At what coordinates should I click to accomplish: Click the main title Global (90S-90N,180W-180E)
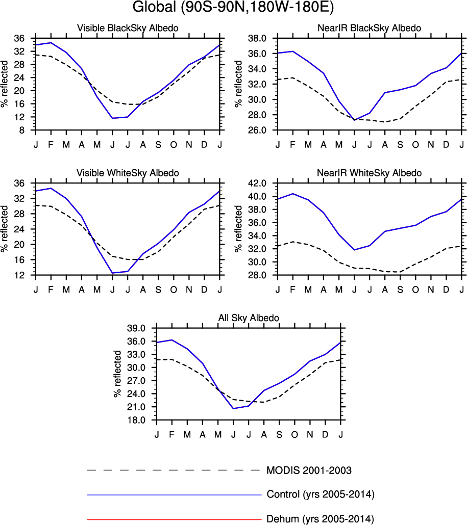233,9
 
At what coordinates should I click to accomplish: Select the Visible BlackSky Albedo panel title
128,28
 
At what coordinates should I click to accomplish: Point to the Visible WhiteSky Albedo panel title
128,173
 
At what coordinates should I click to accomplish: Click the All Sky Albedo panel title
249,318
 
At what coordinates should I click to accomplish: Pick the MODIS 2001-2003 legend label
309,470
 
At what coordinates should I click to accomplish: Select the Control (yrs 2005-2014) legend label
321,494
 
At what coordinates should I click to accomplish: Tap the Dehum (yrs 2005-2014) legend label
320,519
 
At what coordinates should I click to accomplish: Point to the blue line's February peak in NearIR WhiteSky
293,194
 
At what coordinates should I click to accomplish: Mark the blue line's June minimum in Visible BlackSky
112,118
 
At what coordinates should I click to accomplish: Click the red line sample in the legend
174,519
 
